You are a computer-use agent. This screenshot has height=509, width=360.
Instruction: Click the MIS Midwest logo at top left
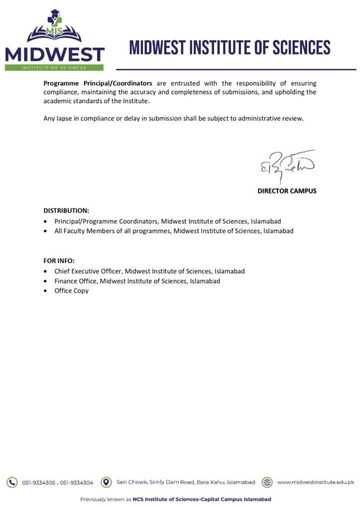(x=55, y=39)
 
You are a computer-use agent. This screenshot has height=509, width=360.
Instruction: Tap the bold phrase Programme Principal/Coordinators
(x=97, y=84)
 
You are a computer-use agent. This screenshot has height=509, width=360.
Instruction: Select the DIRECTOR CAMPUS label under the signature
(x=286, y=191)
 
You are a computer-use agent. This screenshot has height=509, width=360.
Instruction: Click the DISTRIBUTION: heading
(x=66, y=211)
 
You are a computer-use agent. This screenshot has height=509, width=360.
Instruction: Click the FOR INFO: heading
(x=59, y=261)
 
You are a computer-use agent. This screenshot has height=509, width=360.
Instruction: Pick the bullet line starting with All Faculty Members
(x=174, y=231)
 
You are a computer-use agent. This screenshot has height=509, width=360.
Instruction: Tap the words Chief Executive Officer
(x=89, y=271)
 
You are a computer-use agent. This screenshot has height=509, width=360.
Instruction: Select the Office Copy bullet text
(x=72, y=291)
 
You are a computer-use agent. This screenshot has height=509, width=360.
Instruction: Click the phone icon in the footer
(x=11, y=482)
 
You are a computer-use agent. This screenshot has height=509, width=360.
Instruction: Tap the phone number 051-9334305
(x=39, y=483)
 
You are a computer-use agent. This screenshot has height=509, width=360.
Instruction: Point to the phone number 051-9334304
(x=77, y=483)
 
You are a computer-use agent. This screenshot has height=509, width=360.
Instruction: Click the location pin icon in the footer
(x=105, y=482)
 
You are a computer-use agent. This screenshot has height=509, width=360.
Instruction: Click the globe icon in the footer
(x=267, y=482)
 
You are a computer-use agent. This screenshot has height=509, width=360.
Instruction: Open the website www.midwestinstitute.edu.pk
(x=315, y=482)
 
